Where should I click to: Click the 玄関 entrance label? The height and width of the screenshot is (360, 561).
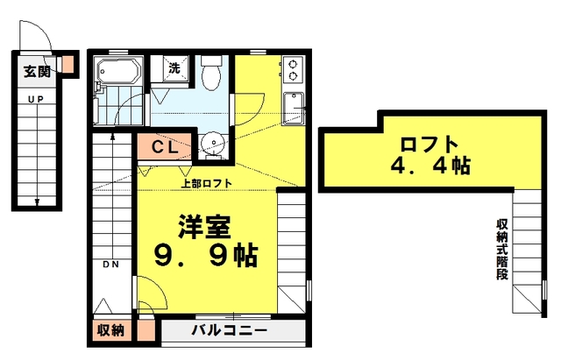(37, 72)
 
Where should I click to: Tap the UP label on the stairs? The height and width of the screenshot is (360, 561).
(36, 99)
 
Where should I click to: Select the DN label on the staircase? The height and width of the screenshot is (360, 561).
(111, 265)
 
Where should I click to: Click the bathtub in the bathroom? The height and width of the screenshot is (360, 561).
(119, 70)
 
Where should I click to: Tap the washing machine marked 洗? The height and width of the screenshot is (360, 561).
(175, 68)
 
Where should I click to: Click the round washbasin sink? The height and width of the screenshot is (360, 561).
(212, 144)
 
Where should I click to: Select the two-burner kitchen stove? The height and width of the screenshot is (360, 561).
(294, 69)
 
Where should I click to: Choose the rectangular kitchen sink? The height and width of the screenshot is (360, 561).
(294, 109)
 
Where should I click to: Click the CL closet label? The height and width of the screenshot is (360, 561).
(165, 147)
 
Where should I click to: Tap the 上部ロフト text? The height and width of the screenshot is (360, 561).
(207, 183)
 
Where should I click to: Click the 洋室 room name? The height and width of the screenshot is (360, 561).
(204, 226)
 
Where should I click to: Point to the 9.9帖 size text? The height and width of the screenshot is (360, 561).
(206, 255)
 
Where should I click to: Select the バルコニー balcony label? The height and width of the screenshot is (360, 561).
(229, 329)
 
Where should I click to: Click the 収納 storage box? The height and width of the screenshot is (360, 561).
(111, 329)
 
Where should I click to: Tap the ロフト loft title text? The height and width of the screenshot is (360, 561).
(429, 144)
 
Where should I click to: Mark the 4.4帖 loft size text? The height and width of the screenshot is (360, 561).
(430, 166)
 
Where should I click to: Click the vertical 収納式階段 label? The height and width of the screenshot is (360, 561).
(502, 249)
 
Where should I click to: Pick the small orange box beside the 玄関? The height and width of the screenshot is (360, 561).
(68, 64)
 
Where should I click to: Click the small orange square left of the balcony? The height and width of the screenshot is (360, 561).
(146, 330)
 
